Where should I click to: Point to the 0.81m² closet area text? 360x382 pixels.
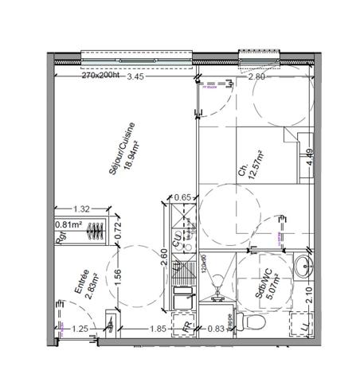point(68,224)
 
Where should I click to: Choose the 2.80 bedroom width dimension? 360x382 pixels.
point(256,77)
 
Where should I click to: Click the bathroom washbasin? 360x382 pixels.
point(302,267)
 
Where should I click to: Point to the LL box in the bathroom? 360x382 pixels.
point(303,326)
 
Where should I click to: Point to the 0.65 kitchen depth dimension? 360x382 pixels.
point(183,197)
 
